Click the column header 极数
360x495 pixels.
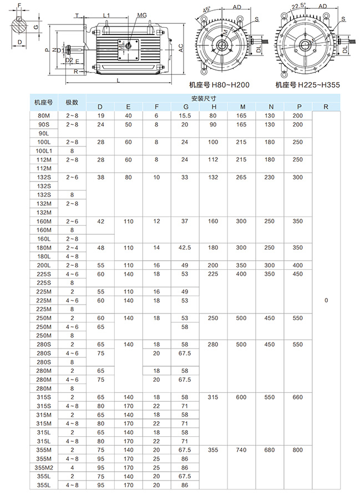pos(72,102)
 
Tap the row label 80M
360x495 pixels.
pos(43,115)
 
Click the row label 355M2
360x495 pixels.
pos(43,467)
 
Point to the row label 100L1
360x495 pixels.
pos(43,151)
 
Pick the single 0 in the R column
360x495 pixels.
pos(326,300)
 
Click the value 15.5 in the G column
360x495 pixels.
pos(185,115)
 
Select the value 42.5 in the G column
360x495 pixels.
pos(185,247)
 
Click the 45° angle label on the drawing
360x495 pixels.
pos(206,10)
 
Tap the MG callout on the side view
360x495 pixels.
pos(141,16)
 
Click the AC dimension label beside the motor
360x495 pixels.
pos(181,48)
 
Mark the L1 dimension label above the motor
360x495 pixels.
pos(107,16)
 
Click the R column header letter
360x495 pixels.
pos(326,107)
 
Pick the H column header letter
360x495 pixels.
pos(214,107)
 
